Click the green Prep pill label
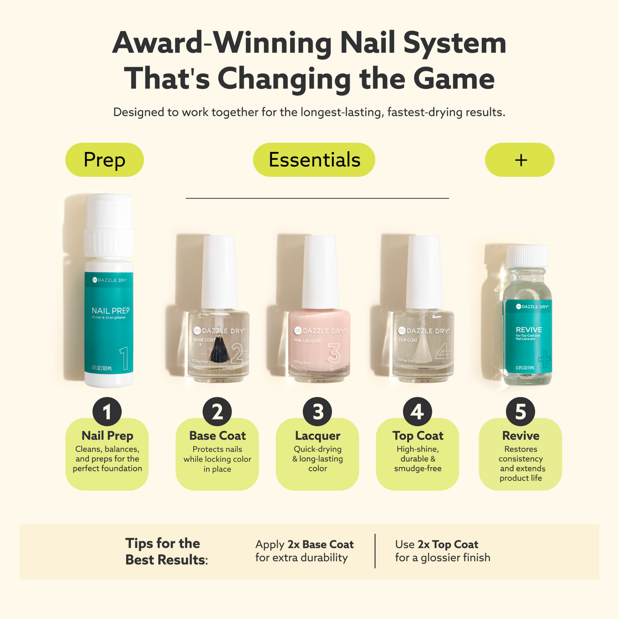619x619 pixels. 104,160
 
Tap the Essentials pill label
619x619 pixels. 314,160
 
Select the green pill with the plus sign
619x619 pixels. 519,160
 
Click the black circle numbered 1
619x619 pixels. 107,412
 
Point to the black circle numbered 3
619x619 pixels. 317,412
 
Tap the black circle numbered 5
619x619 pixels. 520,412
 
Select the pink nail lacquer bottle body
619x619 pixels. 319,346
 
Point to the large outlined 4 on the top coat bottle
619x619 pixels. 442,353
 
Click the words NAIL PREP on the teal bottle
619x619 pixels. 111,310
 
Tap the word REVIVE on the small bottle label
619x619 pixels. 529,329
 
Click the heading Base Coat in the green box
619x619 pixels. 217,436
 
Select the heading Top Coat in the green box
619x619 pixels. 417,436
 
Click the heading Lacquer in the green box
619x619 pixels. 317,436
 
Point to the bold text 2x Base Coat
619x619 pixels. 320,544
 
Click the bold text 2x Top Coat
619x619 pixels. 448,544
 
